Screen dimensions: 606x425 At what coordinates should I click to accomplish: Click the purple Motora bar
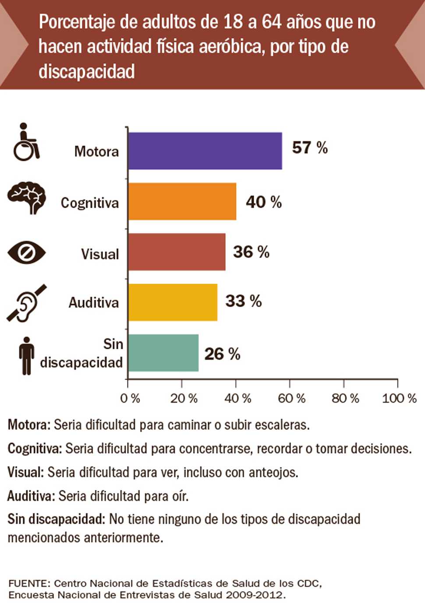[x=205, y=151]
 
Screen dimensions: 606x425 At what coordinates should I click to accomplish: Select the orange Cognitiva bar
[x=182, y=202]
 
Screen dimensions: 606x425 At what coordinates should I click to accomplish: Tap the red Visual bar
[x=177, y=252]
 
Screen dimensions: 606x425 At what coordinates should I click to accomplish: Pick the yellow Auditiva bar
[x=173, y=302]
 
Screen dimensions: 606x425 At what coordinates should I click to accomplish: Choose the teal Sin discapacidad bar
[x=163, y=353]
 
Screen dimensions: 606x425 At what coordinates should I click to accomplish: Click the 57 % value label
[x=310, y=148]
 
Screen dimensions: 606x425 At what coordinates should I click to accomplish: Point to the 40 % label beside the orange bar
[x=263, y=202]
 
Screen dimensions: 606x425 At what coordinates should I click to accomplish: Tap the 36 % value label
[x=251, y=252]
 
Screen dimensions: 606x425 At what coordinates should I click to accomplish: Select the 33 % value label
[x=243, y=301]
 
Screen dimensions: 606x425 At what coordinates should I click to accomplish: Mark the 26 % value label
[x=222, y=354]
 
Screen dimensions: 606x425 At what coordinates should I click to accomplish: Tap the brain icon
[x=27, y=197]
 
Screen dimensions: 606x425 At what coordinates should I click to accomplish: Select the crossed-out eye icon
[x=26, y=252]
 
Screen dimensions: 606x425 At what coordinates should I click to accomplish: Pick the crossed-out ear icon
[x=26, y=303]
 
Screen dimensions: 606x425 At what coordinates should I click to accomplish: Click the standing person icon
[x=27, y=355]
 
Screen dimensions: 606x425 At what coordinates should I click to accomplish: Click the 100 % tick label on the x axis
[x=399, y=398]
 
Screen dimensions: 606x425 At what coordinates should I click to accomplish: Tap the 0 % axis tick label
[x=130, y=398]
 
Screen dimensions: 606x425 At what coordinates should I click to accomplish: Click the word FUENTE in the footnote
[x=29, y=584]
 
